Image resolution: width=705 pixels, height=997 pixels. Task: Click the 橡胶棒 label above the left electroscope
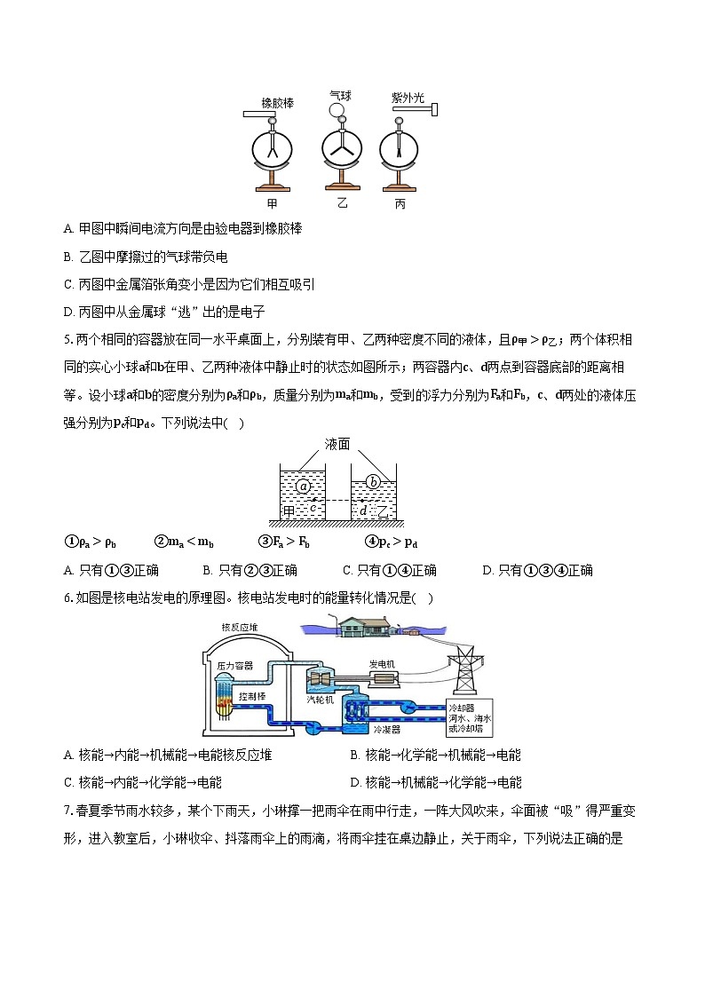pos(277,103)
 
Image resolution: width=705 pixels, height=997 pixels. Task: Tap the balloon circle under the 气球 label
pos(337,110)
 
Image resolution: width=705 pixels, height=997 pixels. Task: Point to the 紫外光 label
pos(408,98)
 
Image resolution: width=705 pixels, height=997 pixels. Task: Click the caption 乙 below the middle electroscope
pos(342,203)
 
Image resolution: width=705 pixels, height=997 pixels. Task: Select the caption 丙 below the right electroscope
pos(400,203)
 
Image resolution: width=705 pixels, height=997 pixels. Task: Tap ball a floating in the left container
pos(304,486)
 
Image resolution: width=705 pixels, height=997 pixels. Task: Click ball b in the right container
pos(374,482)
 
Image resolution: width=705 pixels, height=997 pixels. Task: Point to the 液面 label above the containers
pos(337,443)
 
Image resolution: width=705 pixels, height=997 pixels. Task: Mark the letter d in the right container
pos(364,510)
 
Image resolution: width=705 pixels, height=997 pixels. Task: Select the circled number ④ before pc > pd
pos(371,542)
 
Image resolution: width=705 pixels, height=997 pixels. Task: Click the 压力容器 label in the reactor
pos(235,665)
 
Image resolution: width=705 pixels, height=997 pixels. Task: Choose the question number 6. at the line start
pos(68,597)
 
